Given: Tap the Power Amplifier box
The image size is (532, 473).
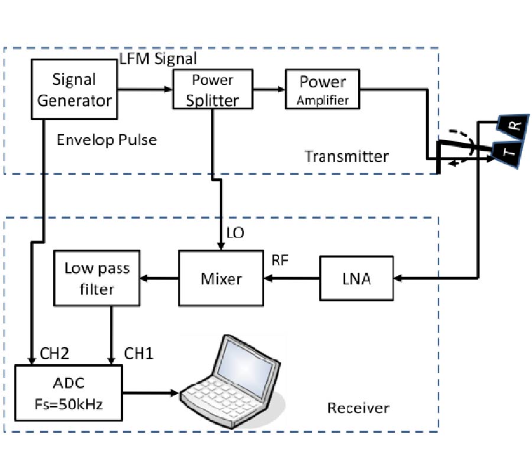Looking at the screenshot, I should point(323,90).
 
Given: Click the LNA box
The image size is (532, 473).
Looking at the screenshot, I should point(356,278).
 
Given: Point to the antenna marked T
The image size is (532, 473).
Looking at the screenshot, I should point(508,154).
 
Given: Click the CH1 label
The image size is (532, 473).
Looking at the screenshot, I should point(139,354).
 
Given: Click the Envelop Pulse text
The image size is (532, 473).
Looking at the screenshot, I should point(106,140).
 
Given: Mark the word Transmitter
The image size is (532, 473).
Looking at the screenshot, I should point(346,156).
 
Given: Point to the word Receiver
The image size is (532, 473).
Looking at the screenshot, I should point(358,408).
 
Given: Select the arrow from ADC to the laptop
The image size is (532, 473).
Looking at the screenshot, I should point(150,392).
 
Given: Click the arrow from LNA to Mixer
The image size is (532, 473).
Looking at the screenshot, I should point(292,278).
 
